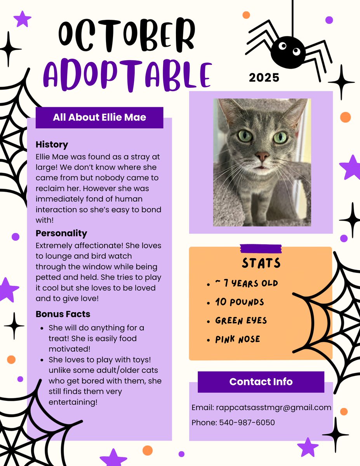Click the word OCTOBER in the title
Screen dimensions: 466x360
click(x=127, y=35)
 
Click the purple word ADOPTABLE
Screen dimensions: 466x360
click(x=127, y=75)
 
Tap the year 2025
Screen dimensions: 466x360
click(x=264, y=78)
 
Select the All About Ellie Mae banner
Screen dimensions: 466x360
click(x=99, y=117)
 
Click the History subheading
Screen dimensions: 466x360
click(x=52, y=144)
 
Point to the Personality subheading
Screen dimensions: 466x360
click(x=61, y=233)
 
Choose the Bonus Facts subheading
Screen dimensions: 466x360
click(x=63, y=314)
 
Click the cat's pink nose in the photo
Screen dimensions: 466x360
click(x=262, y=156)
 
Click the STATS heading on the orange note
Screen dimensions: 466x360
click(x=261, y=263)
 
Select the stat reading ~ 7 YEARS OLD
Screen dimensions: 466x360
click(x=246, y=283)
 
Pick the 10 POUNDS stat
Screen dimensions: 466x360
click(x=240, y=302)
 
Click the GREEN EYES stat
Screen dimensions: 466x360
click(x=241, y=320)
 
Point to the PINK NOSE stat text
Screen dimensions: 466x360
click(x=238, y=339)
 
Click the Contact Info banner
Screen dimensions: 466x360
click(x=261, y=381)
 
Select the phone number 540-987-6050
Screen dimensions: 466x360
click(x=247, y=422)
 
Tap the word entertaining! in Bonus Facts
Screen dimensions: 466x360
click(x=73, y=402)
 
